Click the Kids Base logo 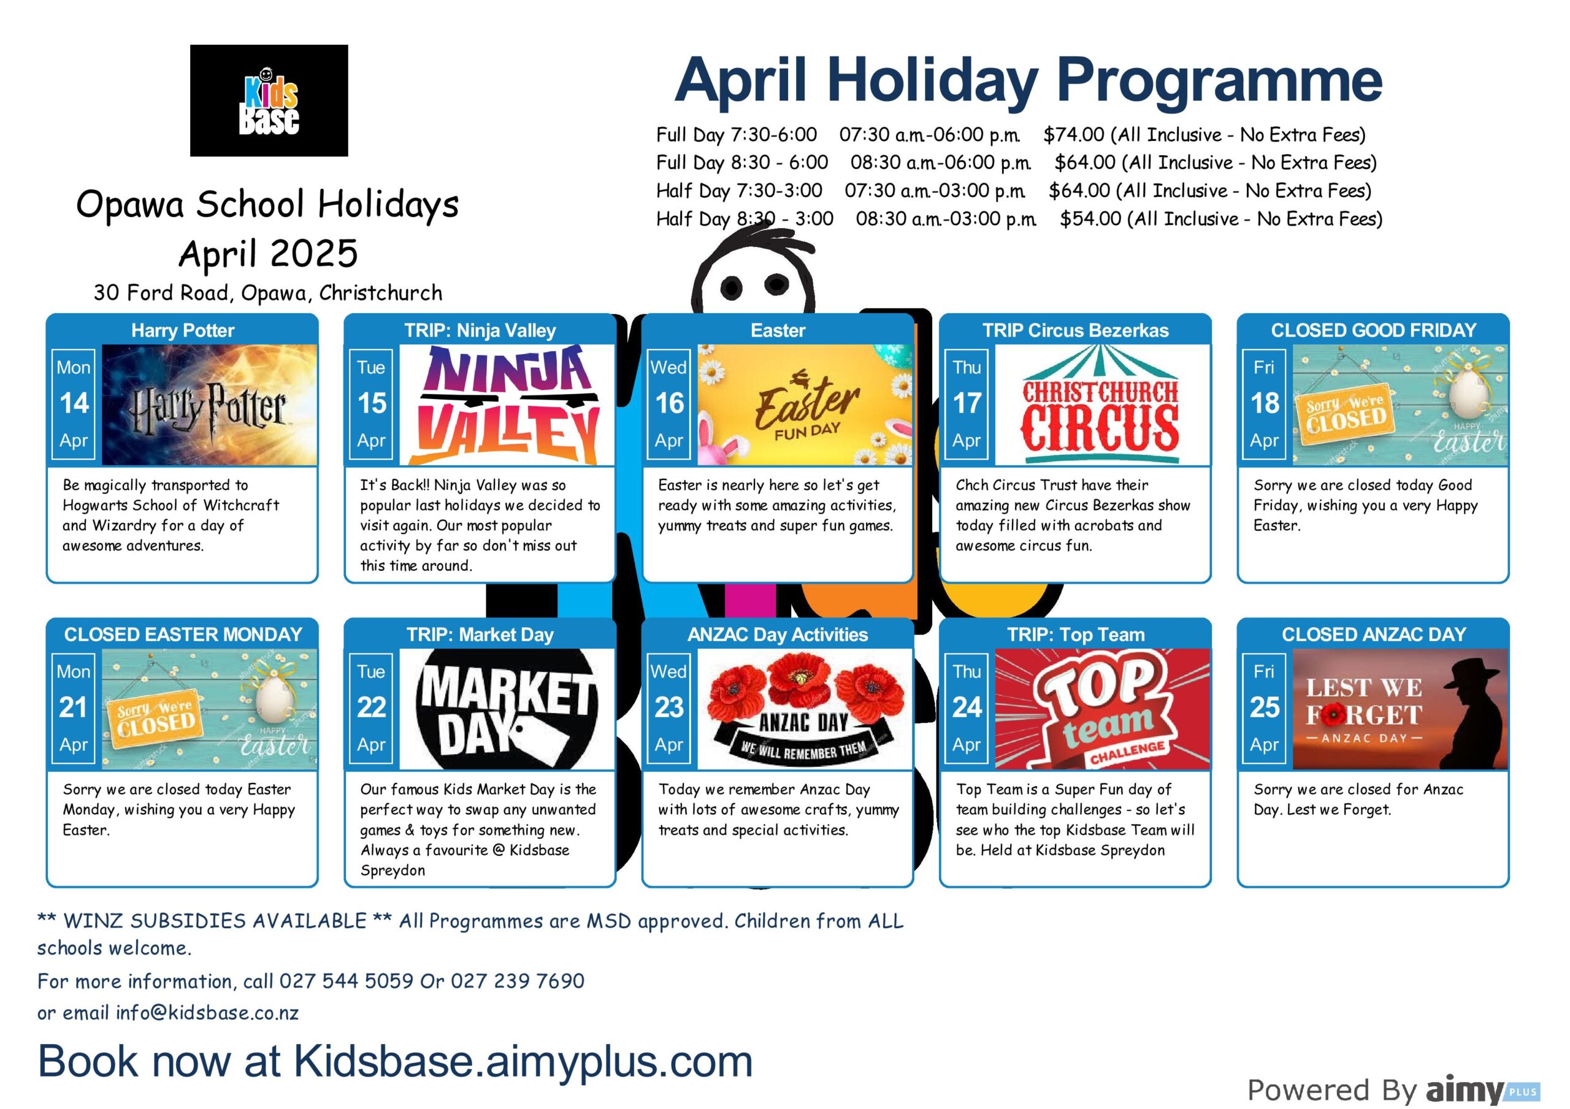[x=269, y=101]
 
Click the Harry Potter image [x=209, y=405]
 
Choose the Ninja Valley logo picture [x=507, y=405]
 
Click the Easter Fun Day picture [x=804, y=405]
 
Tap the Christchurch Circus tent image [x=1101, y=405]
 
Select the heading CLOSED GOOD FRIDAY [x=1374, y=330]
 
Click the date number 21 [x=74, y=707]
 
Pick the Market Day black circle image [x=507, y=709]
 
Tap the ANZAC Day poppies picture [x=804, y=709]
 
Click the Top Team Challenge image [x=1101, y=709]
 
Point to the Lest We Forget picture [x=1400, y=709]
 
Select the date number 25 [x=1265, y=707]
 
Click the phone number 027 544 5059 [x=346, y=981]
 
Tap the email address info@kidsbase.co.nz [x=207, y=1013]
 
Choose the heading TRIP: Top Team [x=1076, y=635]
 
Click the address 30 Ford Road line [x=268, y=292]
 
